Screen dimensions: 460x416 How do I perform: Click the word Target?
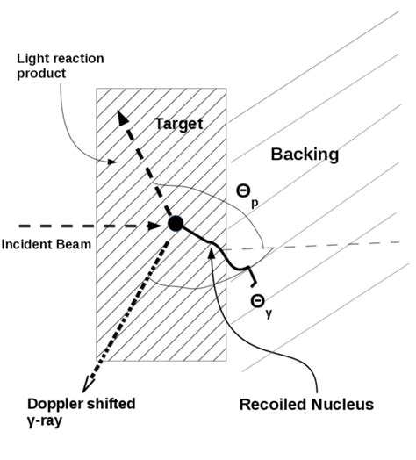[179, 124]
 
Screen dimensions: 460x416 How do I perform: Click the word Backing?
[305, 155]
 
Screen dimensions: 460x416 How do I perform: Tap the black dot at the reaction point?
[176, 223]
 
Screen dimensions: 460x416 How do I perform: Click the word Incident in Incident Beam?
[26, 244]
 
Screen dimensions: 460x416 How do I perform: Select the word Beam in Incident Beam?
[73, 244]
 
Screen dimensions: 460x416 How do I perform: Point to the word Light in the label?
[32, 59]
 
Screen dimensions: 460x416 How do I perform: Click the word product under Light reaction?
[40, 73]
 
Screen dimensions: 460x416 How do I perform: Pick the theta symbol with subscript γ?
[258, 301]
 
